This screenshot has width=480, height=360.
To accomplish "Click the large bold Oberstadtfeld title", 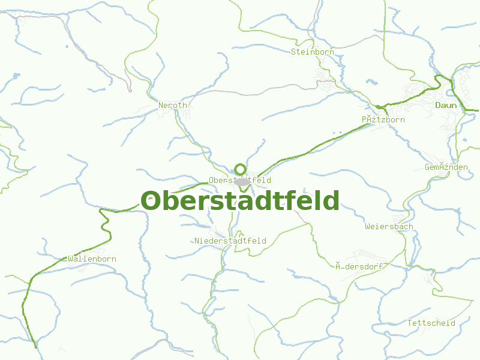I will point(240,201).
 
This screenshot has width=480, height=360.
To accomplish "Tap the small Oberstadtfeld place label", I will point(239,180).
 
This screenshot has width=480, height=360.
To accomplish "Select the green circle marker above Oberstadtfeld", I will point(240,169).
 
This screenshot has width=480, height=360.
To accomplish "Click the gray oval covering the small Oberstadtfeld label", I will point(242,182).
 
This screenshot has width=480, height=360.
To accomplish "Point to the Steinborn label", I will point(312,52).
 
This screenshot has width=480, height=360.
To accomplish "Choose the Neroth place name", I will point(173,105).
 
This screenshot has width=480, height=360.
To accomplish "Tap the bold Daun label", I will point(446,105).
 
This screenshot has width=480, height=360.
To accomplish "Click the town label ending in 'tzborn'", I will point(383,119).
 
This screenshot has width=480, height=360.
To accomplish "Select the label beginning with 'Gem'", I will point(446,167).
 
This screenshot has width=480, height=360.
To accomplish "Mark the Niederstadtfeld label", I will point(230,241).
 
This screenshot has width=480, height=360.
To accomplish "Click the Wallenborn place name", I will point(92,259).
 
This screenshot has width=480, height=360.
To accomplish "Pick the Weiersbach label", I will point(389,227).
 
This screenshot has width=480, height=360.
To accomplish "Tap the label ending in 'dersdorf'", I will point(359,266).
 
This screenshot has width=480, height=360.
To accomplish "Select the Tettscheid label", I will point(431,323).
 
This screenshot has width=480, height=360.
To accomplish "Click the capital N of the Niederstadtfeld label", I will point(197,241).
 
